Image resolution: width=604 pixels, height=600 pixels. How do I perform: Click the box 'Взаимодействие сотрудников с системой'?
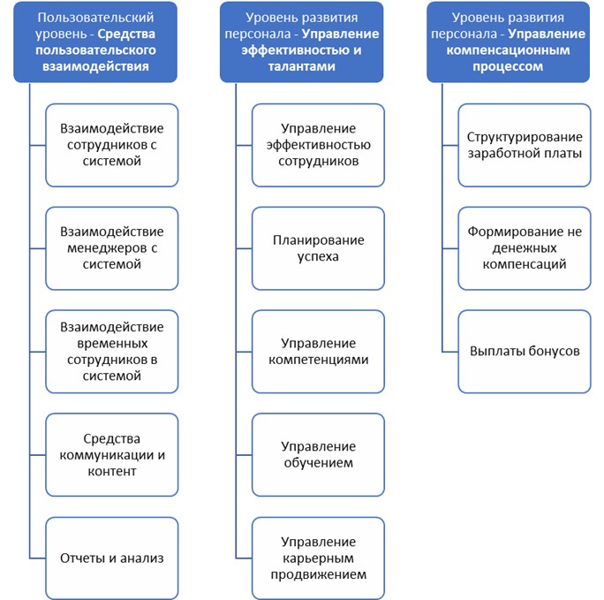(111, 145)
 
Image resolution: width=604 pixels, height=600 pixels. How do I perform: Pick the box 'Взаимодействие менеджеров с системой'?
(111, 247)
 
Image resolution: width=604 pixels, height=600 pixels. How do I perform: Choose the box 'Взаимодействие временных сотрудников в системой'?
(111, 351)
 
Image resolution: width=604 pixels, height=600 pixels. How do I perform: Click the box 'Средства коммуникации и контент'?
(111, 454)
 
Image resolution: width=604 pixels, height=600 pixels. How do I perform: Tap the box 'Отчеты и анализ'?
(111, 558)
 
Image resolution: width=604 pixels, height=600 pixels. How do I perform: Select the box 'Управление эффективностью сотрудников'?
(318, 145)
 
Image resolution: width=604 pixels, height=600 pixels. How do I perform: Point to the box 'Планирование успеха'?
(318, 247)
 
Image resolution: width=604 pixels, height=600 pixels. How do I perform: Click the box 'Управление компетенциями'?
(318, 351)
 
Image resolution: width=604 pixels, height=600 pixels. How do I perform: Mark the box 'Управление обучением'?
(318, 454)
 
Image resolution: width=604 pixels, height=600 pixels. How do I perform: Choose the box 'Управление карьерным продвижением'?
(318, 558)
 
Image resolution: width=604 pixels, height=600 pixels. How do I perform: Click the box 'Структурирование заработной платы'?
(525, 145)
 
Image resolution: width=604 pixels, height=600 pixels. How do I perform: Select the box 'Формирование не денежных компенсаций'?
(525, 247)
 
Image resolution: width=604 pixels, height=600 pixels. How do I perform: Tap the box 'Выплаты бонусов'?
(525, 351)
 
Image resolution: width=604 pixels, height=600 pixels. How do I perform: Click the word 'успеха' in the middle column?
(318, 256)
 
